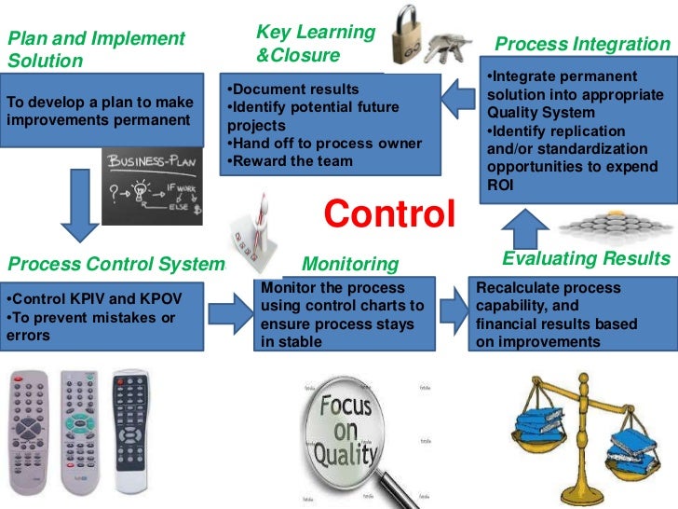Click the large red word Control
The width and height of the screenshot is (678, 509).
[389, 213]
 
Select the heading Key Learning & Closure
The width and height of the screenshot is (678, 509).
[315, 44]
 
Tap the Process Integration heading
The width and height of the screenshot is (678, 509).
[581, 44]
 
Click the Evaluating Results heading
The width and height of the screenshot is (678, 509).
[586, 258]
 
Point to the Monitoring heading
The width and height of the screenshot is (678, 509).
[350, 265]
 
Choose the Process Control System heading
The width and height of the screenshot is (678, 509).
[115, 264]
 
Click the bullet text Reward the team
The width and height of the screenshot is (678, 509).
[290, 160]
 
